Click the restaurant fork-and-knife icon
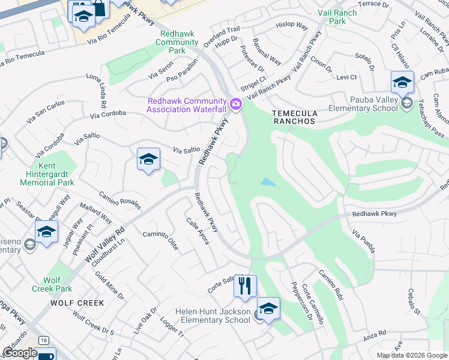pos(245,286)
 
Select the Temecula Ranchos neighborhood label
pos(294,116)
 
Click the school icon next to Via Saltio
pos(148,160)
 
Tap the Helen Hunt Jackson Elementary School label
pos(212,316)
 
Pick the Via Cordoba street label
pos(108,113)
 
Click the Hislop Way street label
pos(292,27)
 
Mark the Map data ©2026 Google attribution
pos(411,355)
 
